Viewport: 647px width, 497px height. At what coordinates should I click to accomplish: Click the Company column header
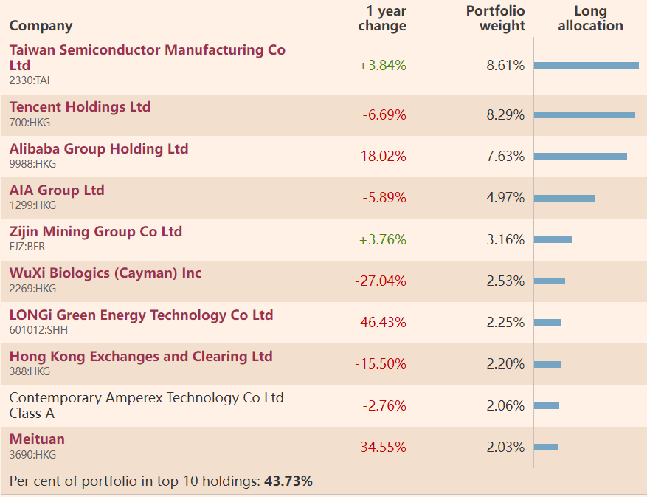[x=41, y=26]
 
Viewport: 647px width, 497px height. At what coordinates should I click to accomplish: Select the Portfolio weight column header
[x=496, y=18]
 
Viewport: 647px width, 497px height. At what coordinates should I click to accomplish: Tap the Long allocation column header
[x=590, y=18]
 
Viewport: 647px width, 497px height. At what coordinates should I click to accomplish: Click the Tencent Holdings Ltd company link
[x=80, y=107]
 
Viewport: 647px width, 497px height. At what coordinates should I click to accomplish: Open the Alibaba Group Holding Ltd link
[x=99, y=149]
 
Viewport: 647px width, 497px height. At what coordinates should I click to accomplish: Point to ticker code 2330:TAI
[x=30, y=80]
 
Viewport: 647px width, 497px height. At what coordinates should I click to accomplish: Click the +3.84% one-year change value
[x=383, y=65]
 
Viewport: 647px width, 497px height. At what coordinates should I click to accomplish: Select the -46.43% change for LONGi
[x=381, y=323]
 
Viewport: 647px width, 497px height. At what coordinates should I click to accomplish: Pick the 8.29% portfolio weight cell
[x=505, y=115]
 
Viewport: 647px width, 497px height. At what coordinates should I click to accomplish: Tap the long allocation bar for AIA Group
[x=564, y=198]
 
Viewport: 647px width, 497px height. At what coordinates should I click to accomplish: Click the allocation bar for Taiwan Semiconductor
[x=586, y=65]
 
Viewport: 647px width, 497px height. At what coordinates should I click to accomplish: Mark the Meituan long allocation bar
[x=546, y=447]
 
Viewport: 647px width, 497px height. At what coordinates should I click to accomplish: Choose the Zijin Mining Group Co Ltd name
[x=96, y=232]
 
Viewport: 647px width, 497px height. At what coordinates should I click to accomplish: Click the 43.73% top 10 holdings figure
[x=288, y=481]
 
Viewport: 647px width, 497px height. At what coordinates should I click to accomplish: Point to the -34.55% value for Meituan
[x=381, y=448]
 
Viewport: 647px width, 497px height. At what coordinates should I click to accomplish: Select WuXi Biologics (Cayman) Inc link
[x=105, y=273]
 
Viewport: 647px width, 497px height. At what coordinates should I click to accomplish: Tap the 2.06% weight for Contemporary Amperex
[x=505, y=405]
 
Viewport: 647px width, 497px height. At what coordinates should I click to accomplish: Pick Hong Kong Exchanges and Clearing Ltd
[x=141, y=357]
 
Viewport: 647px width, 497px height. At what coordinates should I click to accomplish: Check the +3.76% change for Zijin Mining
[x=383, y=240]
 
